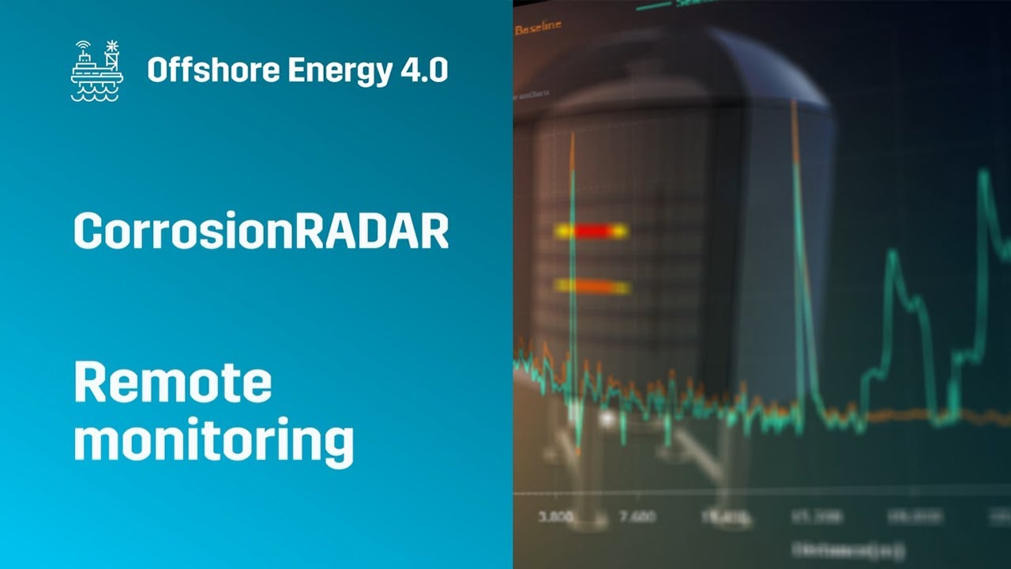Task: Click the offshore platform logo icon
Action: [96, 70]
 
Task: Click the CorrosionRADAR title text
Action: [261, 232]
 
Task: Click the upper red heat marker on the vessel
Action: [591, 231]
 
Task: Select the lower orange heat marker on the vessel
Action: [592, 287]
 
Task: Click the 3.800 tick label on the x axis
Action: [555, 517]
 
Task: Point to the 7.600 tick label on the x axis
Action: [637, 517]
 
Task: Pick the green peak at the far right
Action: [983, 174]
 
